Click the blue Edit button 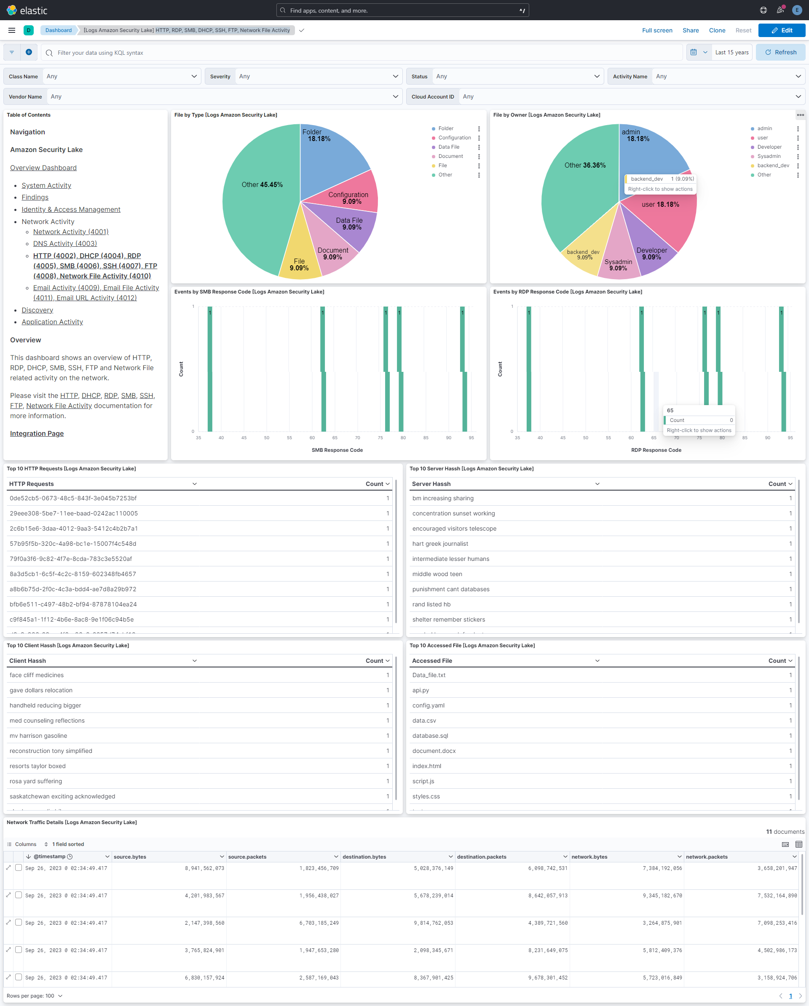tap(782, 30)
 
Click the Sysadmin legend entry tap(769, 156)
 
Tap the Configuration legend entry tap(454, 138)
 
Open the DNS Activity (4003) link tap(65, 243)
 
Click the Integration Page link tap(37, 433)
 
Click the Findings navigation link tap(35, 197)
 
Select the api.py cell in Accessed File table tap(420, 690)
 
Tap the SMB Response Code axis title tap(337, 450)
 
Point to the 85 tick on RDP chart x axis tap(745, 438)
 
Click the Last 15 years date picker tap(731, 52)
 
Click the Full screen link tap(657, 30)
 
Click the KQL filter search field tap(364, 53)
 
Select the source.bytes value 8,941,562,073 tap(204, 868)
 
